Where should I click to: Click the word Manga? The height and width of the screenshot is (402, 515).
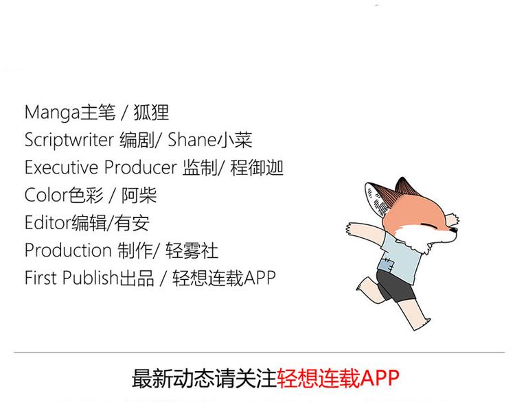coord(52,113)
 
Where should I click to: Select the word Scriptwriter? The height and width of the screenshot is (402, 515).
coord(69,140)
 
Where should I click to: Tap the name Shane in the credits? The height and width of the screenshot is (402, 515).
coord(192,139)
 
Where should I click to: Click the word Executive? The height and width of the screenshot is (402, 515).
coord(61,167)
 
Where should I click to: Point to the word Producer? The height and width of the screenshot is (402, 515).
coord(141,167)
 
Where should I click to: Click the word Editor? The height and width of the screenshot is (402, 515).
coord(48,222)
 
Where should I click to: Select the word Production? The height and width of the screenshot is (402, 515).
coord(68,250)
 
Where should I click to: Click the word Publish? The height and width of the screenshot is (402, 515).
coord(90,278)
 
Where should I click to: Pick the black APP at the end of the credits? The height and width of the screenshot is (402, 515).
coord(259,278)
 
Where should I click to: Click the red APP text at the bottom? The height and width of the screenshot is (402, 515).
coord(380,379)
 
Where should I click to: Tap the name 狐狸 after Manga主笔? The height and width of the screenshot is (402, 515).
coord(151,113)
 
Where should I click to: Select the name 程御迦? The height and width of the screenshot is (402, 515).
coord(257,167)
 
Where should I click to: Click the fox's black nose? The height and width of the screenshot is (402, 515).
coord(454,230)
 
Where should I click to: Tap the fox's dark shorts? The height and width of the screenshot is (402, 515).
coord(395,285)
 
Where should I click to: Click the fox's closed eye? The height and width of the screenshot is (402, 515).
coord(429,226)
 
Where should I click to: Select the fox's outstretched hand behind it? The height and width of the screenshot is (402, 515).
coord(352,228)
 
